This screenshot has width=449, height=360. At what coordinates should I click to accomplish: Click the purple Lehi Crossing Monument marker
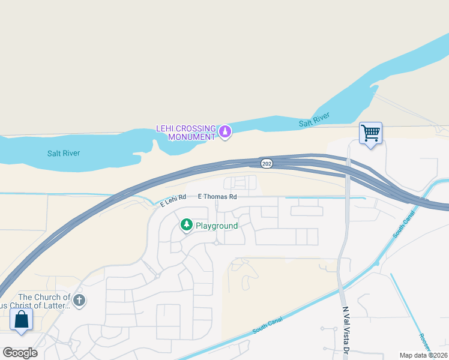(225, 131)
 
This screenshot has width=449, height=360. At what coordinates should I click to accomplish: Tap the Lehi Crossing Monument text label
(185, 133)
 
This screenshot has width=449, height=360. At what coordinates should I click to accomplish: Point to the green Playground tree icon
(187, 225)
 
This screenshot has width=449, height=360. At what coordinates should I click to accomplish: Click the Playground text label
(216, 226)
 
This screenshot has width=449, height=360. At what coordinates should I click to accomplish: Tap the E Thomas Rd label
(217, 197)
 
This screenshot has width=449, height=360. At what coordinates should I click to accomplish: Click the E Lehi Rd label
(173, 200)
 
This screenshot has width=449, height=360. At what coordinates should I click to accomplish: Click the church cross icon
(79, 299)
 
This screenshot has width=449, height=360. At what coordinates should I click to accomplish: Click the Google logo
(20, 353)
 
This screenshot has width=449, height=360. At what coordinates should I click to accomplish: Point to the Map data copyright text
(424, 355)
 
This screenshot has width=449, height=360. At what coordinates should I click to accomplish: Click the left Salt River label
(64, 153)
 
